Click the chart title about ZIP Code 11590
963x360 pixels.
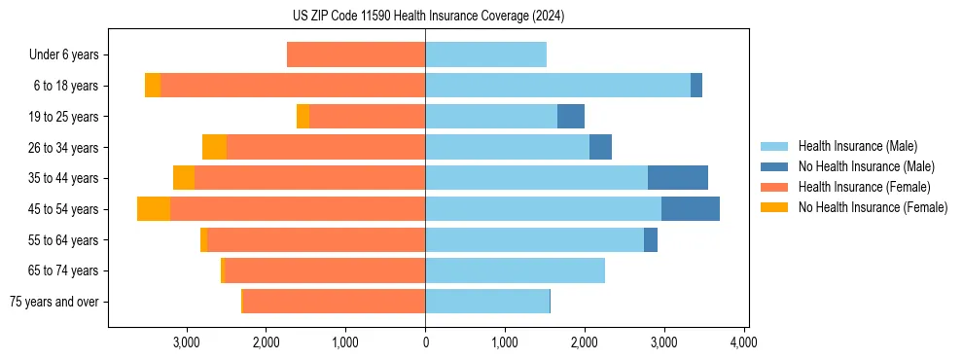[x=428, y=17]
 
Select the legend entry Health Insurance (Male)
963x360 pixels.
[x=857, y=146]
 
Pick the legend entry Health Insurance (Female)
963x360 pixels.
[x=864, y=187]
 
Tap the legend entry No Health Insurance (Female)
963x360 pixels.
[x=873, y=207]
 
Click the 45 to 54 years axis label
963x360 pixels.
[x=64, y=209]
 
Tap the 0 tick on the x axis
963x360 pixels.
[x=425, y=342]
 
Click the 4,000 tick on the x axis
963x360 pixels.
[x=743, y=342]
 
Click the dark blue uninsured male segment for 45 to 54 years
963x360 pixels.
[x=691, y=209]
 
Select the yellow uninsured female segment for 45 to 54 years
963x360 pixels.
[x=154, y=209]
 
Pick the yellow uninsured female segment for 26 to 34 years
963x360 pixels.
[x=214, y=147]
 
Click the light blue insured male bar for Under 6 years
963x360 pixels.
[x=485, y=54]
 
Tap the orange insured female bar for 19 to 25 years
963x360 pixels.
[x=367, y=117]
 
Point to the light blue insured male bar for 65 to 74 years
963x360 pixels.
[x=515, y=270]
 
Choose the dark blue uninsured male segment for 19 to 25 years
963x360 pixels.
[x=571, y=117]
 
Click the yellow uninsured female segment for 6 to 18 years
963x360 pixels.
[x=153, y=86]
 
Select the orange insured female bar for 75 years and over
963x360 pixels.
[x=334, y=302]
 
